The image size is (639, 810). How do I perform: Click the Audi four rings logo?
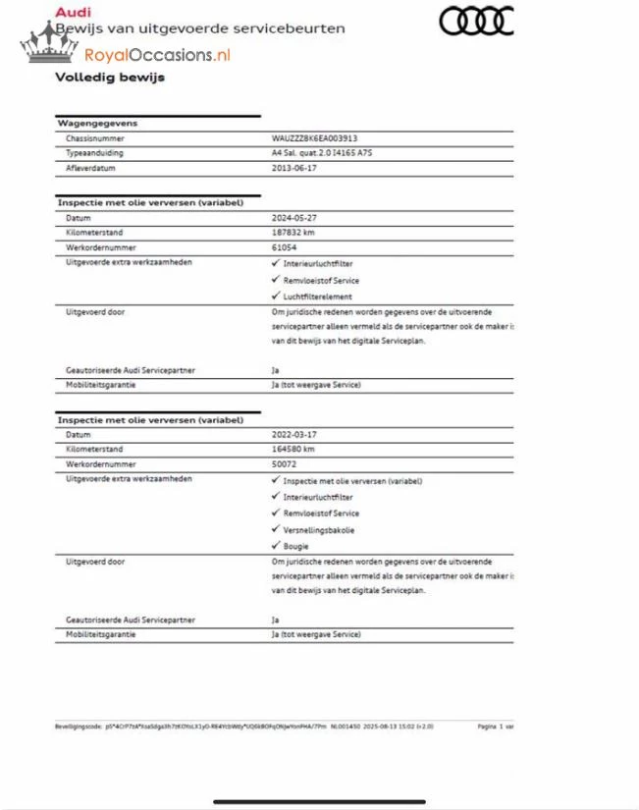(475, 21)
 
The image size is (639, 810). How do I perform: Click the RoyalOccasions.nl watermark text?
(157, 55)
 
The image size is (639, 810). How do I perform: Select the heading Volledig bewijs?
(109, 78)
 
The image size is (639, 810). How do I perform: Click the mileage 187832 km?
(293, 234)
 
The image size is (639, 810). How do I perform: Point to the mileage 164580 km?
(293, 449)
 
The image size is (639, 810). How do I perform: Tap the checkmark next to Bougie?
(275, 546)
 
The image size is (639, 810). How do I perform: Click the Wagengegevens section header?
(97, 124)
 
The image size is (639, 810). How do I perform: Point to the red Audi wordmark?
(73, 12)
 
